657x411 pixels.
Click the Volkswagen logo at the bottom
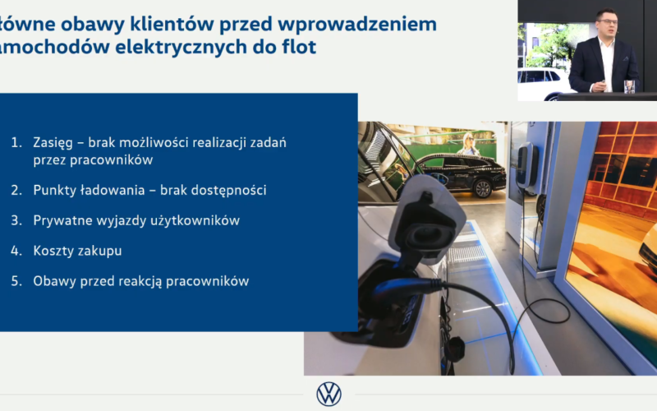click(x=329, y=394)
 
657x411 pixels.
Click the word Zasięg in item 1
click(x=53, y=143)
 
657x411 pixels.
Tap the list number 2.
click(x=16, y=191)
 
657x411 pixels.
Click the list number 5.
click(x=16, y=281)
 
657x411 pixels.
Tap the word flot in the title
click(x=299, y=47)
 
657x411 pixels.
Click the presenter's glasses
click(x=606, y=21)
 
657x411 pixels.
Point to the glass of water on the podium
click(x=629, y=86)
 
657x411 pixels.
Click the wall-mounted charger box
click(x=526, y=165)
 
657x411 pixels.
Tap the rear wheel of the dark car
click(x=483, y=189)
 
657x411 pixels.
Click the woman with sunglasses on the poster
click(x=468, y=144)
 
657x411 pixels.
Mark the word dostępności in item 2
click(x=229, y=191)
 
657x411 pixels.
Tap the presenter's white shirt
click(x=607, y=63)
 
